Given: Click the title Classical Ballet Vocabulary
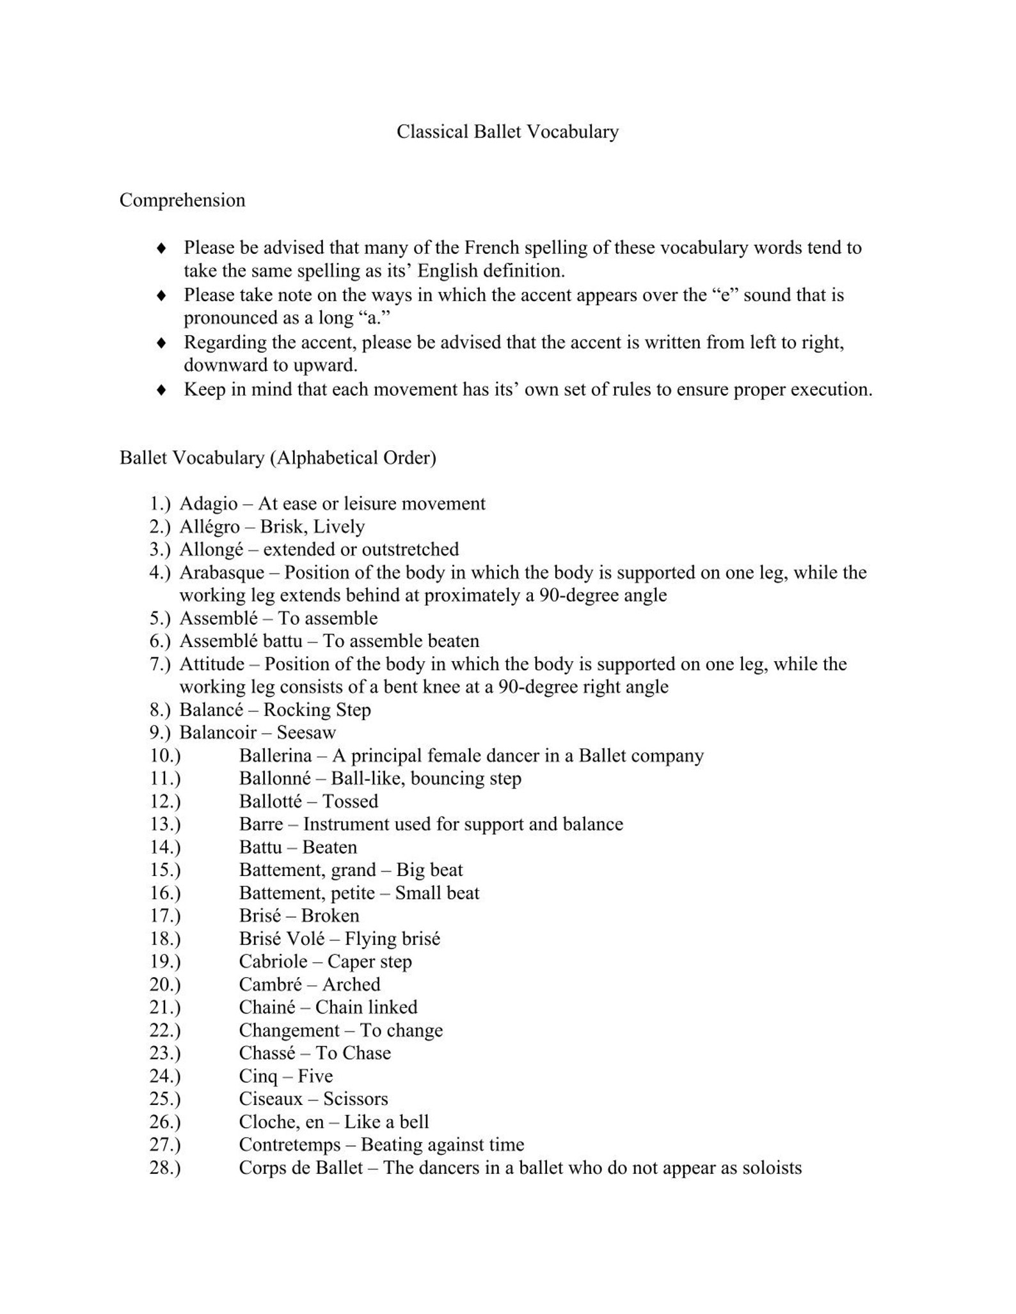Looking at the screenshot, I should pyautogui.click(x=507, y=132).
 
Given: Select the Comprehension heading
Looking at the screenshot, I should pyautogui.click(x=182, y=200).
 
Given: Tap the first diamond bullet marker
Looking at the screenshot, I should pyautogui.click(x=161, y=247).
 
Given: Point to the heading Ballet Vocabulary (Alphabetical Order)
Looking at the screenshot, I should pyautogui.click(x=278, y=458).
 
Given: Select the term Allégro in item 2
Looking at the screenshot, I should pyautogui.click(x=209, y=527).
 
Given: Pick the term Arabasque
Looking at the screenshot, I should pyautogui.click(x=221, y=572).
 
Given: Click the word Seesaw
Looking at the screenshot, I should pyautogui.click(x=306, y=733).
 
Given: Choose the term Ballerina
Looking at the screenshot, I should pyautogui.click(x=275, y=756).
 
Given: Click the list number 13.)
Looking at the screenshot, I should pyautogui.click(x=165, y=824).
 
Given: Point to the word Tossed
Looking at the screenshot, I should pyautogui.click(x=350, y=801).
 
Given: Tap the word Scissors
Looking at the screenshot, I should pyautogui.click(x=356, y=1099).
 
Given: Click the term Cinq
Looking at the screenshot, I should pyautogui.click(x=258, y=1076).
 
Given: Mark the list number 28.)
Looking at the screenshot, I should pyautogui.click(x=165, y=1168).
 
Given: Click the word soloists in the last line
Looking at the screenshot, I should pyautogui.click(x=772, y=1168).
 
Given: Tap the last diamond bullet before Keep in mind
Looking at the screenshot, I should pyautogui.click(x=161, y=389).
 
